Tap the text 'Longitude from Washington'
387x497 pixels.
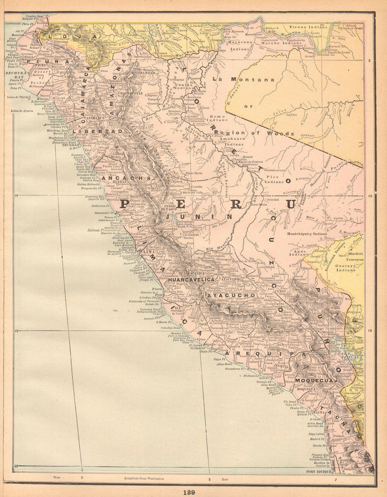click(144, 478)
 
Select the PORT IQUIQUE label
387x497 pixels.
click(319, 471)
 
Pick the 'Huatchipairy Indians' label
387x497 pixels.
click(307, 234)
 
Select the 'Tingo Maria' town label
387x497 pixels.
click(194, 173)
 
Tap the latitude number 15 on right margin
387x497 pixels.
click(370, 330)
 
